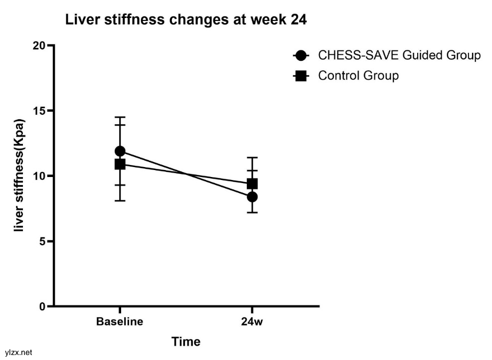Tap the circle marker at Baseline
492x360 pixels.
click(x=120, y=151)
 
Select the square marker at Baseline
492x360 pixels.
click(x=120, y=164)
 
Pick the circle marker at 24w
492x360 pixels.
click(x=252, y=196)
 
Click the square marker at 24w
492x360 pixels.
click(x=252, y=183)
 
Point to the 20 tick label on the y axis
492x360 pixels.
click(x=39, y=46)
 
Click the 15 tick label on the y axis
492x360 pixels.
click(x=39, y=111)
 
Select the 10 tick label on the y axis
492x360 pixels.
click(x=39, y=176)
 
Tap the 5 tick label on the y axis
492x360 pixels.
click(x=42, y=241)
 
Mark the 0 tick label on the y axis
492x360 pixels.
click(x=42, y=306)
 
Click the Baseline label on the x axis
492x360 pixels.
click(x=120, y=322)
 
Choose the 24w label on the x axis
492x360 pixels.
click(x=252, y=322)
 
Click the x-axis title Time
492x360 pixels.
click(x=186, y=342)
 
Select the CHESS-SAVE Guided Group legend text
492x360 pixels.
click(x=399, y=55)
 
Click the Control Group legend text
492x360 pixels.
click(x=358, y=76)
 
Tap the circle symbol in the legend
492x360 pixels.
click(x=301, y=55)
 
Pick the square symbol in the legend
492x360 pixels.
click(x=301, y=76)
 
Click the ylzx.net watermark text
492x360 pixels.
click(x=16, y=353)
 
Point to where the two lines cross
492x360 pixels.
click(x=186, y=174)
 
